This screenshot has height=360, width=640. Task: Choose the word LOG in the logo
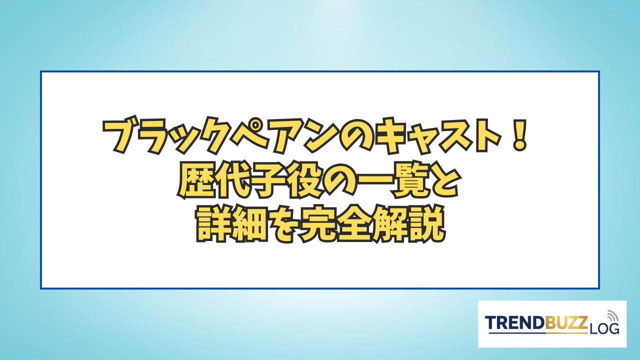pyautogui.click(x=603, y=329)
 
